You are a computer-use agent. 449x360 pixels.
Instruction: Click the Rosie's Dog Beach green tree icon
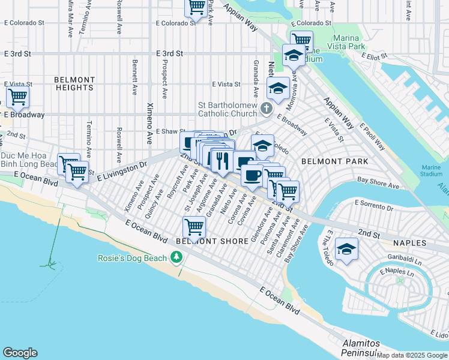tap(176, 258)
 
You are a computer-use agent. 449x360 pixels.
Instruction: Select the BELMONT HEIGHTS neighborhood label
tap(74, 83)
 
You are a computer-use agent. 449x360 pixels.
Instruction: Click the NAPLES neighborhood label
tap(409, 243)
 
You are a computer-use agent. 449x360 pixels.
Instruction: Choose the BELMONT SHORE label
tap(212, 241)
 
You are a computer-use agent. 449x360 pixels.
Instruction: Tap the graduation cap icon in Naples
tap(346, 248)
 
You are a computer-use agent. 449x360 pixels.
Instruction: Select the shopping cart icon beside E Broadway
tap(17, 96)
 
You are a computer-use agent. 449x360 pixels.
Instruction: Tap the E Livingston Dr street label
tap(118, 170)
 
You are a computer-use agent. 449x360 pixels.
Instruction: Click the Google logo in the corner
tap(20, 353)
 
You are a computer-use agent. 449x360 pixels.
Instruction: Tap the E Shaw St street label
tap(169, 131)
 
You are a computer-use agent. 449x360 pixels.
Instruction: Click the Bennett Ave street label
tap(135, 71)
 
